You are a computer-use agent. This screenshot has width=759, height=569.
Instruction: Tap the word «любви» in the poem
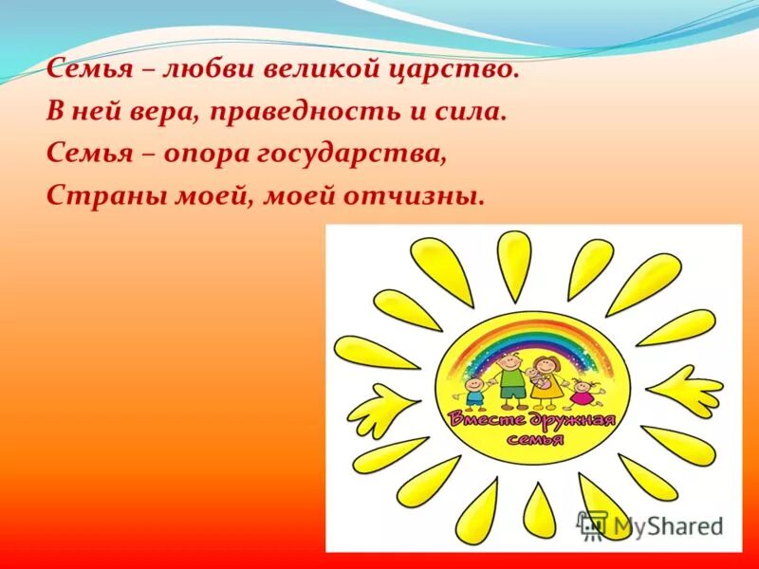click(195, 68)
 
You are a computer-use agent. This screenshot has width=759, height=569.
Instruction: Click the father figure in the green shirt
click(510, 376)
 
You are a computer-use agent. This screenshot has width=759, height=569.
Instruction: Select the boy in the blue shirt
click(475, 391)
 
